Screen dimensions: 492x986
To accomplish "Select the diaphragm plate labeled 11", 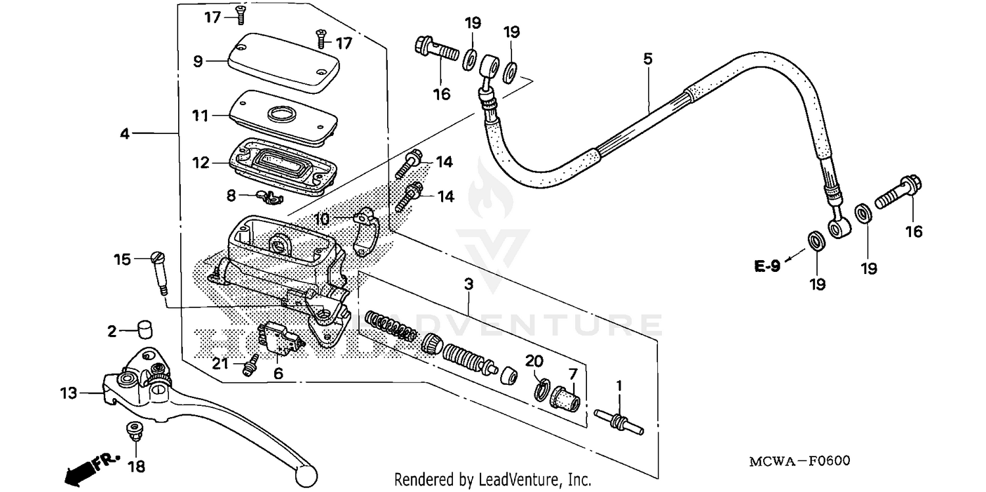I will pyautogui.click(x=283, y=117).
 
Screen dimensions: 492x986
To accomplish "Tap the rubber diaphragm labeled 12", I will pyautogui.click(x=283, y=164).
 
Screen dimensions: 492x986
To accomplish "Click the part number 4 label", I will pyautogui.click(x=124, y=133).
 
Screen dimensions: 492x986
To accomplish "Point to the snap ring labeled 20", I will pyautogui.click(x=539, y=388).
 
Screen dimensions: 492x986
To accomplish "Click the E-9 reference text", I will pyautogui.click(x=767, y=266).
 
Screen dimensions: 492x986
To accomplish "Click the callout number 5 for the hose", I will pyautogui.click(x=647, y=58).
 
